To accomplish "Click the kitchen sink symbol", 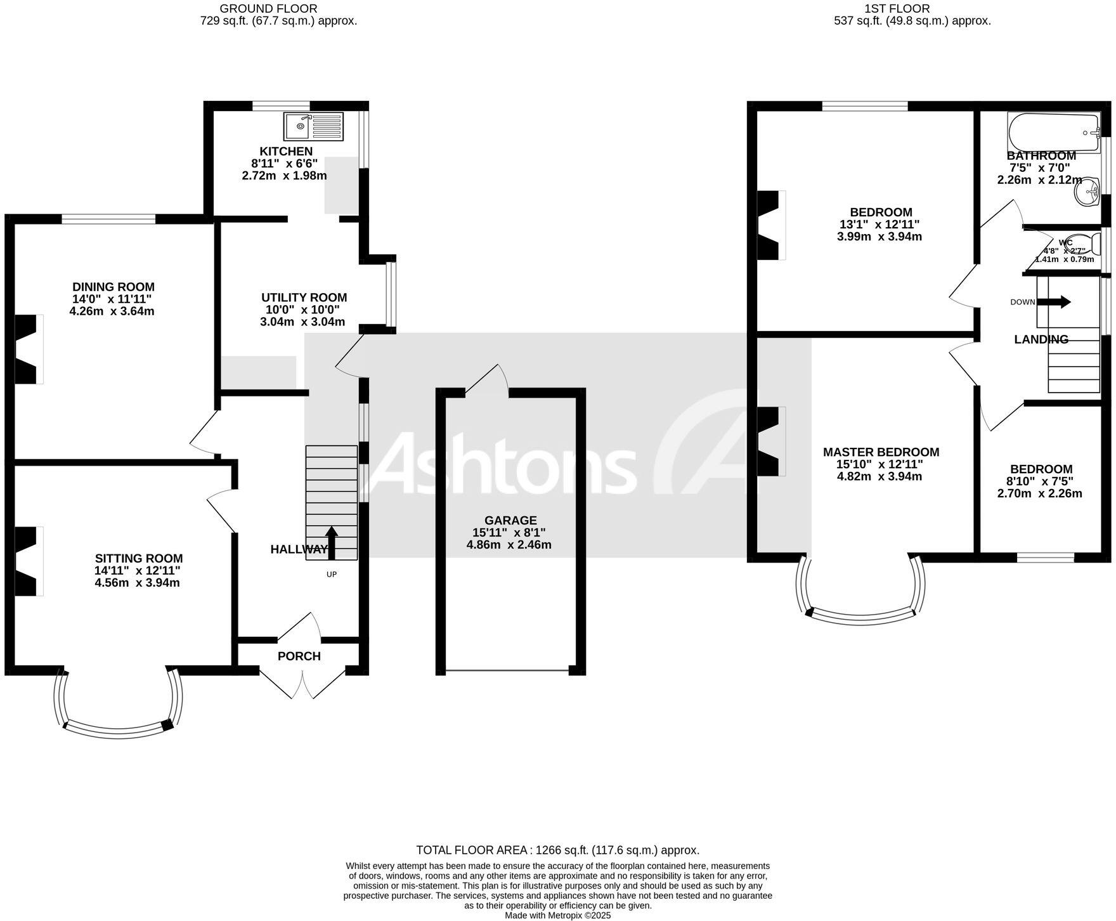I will click(x=313, y=126).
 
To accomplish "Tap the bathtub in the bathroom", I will click(x=1053, y=133).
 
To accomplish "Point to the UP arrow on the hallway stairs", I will click(x=331, y=542).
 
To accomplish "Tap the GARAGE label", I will click(x=510, y=520).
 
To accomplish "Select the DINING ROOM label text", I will click(x=113, y=287).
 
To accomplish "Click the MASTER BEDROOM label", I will click(x=881, y=452).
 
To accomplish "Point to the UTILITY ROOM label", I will click(x=304, y=297).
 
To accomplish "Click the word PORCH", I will click(x=299, y=656).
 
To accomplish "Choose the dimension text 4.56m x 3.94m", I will click(x=137, y=582).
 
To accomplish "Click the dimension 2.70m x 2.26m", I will click(x=1039, y=493).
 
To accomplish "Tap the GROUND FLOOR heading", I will click(x=268, y=8).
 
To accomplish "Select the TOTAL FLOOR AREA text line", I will click(x=557, y=850).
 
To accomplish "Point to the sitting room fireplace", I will click(x=27, y=561).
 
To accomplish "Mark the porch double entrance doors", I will click(x=302, y=682).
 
